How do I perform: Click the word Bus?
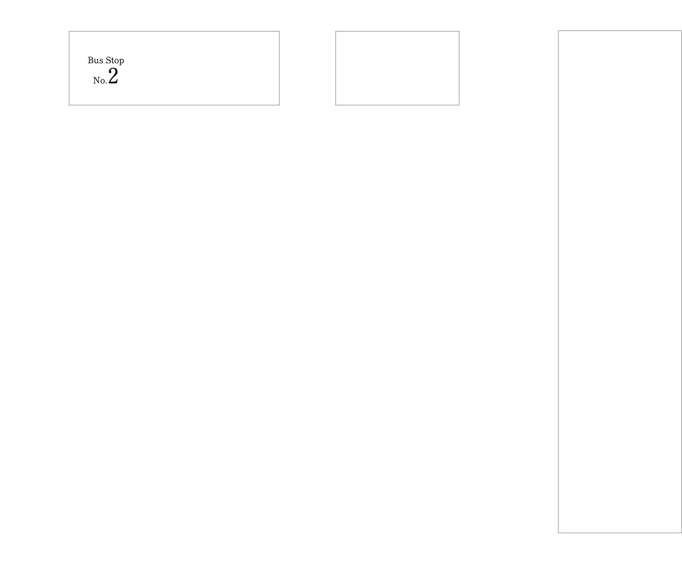point(95,60)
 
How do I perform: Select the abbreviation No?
point(100,80)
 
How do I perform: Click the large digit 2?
point(113,76)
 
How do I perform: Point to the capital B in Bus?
point(91,60)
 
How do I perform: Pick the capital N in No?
point(96,80)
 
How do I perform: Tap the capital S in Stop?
point(108,60)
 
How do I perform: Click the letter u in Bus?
point(97,61)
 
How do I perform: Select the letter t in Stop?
point(112,61)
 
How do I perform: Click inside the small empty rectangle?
point(397,68)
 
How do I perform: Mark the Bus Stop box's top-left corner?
point(69,31)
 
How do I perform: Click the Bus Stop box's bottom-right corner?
point(279,105)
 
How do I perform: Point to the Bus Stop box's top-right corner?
point(279,31)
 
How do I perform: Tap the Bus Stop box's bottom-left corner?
point(69,105)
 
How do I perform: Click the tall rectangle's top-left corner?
point(558,31)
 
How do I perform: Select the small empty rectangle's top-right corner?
point(459,31)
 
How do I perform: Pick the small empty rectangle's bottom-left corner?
point(336,105)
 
